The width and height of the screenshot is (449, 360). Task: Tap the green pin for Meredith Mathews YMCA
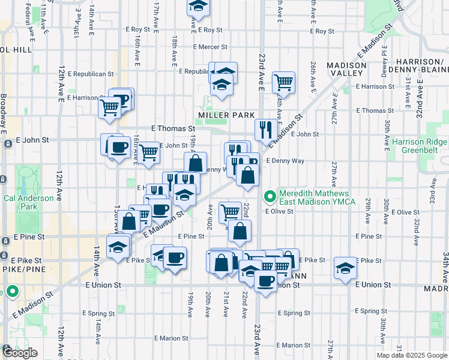270,195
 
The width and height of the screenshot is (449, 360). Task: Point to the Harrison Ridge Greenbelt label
420,147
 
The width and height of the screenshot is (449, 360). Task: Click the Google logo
19,352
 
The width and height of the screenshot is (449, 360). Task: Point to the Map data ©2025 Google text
412,355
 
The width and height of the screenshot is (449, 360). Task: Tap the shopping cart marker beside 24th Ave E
283,82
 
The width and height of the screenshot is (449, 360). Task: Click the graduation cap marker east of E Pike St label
345,268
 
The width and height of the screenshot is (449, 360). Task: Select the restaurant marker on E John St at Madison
265,130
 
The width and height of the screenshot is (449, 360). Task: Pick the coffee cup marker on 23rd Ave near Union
265,280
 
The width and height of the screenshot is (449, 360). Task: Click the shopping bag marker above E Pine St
240,231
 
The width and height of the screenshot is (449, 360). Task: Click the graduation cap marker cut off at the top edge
196,5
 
